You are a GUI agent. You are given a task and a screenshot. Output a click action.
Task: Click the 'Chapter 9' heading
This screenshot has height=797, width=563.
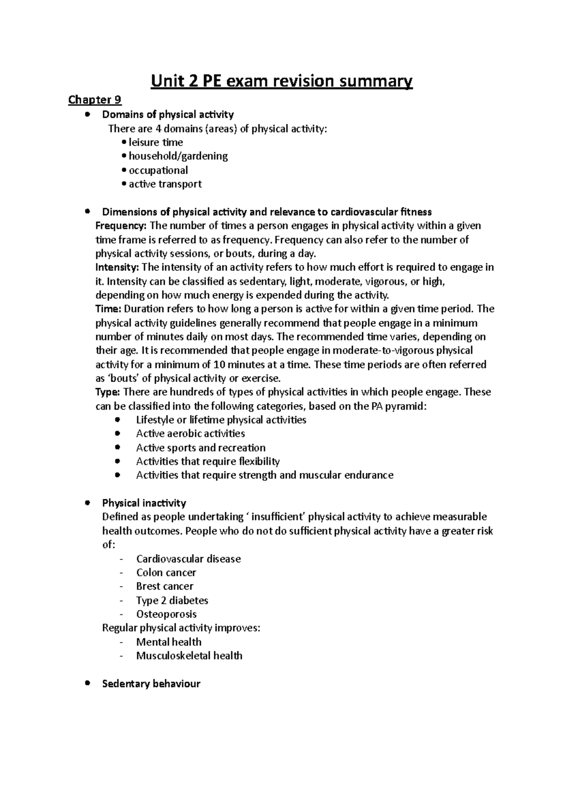(95, 100)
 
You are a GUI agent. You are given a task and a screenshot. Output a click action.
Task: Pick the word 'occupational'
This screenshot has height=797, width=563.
(158, 170)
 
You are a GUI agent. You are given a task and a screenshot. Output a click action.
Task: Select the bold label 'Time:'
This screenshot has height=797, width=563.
(108, 309)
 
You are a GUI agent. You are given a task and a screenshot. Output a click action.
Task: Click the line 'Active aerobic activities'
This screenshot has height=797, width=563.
(190, 433)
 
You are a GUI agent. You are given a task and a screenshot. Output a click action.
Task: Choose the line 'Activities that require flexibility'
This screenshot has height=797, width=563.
(208, 461)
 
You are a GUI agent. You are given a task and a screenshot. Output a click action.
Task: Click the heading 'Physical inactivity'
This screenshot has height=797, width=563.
(144, 503)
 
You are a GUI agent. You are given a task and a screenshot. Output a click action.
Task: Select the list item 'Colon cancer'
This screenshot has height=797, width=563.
(166, 572)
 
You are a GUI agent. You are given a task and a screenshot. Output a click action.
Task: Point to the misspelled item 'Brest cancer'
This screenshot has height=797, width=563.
(165, 586)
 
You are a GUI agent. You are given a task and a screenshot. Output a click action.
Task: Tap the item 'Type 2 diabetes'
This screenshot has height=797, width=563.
(172, 600)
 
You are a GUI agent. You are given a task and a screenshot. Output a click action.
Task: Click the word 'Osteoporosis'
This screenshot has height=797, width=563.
(166, 614)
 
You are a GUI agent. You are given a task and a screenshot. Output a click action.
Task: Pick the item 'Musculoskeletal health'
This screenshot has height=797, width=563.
(189, 655)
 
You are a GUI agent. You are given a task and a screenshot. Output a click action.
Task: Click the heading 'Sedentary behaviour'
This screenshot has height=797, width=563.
(151, 683)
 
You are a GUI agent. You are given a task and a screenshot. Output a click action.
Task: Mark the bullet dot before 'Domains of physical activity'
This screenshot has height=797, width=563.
(87, 114)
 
